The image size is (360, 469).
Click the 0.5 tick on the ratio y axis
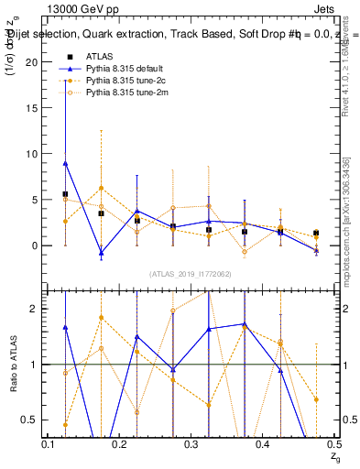coord(35,420)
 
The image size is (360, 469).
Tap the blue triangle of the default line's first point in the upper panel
coord(65,163)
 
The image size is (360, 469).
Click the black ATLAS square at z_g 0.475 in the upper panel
coord(316,233)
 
